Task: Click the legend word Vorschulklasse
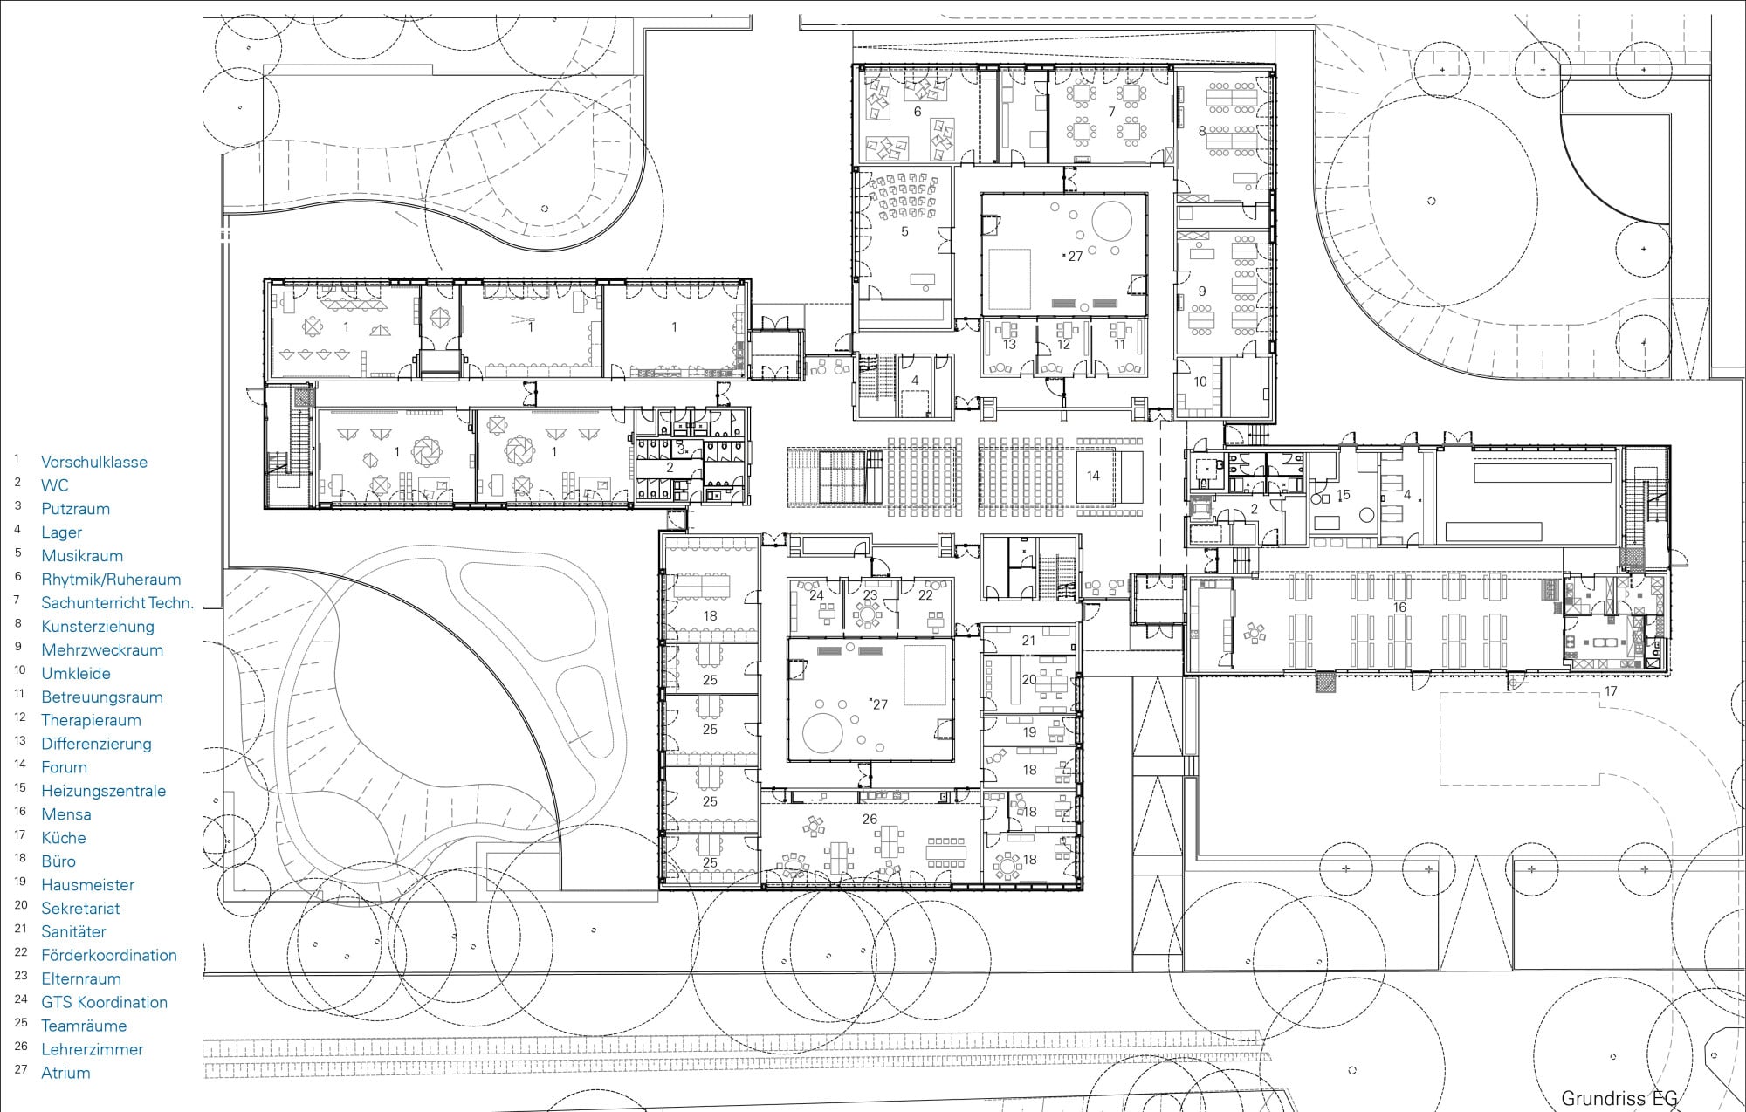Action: [94, 463]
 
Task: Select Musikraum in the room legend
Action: [82, 556]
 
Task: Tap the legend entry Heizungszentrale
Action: [103, 792]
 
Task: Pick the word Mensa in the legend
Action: [66, 814]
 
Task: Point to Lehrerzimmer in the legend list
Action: [93, 1050]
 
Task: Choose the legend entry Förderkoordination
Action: [109, 956]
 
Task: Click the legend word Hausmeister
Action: [88, 885]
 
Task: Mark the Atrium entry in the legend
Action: [65, 1074]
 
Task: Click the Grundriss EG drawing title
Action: [1619, 1099]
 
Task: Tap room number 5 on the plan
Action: [904, 232]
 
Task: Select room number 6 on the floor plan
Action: [918, 112]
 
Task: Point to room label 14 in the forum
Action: [1093, 476]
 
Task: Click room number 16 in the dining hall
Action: [1399, 607]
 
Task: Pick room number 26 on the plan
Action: [870, 820]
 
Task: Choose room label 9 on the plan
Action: [1202, 292]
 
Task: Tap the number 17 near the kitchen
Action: [1611, 691]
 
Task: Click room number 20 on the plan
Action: [1029, 680]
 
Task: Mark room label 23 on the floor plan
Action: [870, 595]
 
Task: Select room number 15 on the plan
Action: [1344, 495]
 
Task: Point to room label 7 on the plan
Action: [1111, 112]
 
